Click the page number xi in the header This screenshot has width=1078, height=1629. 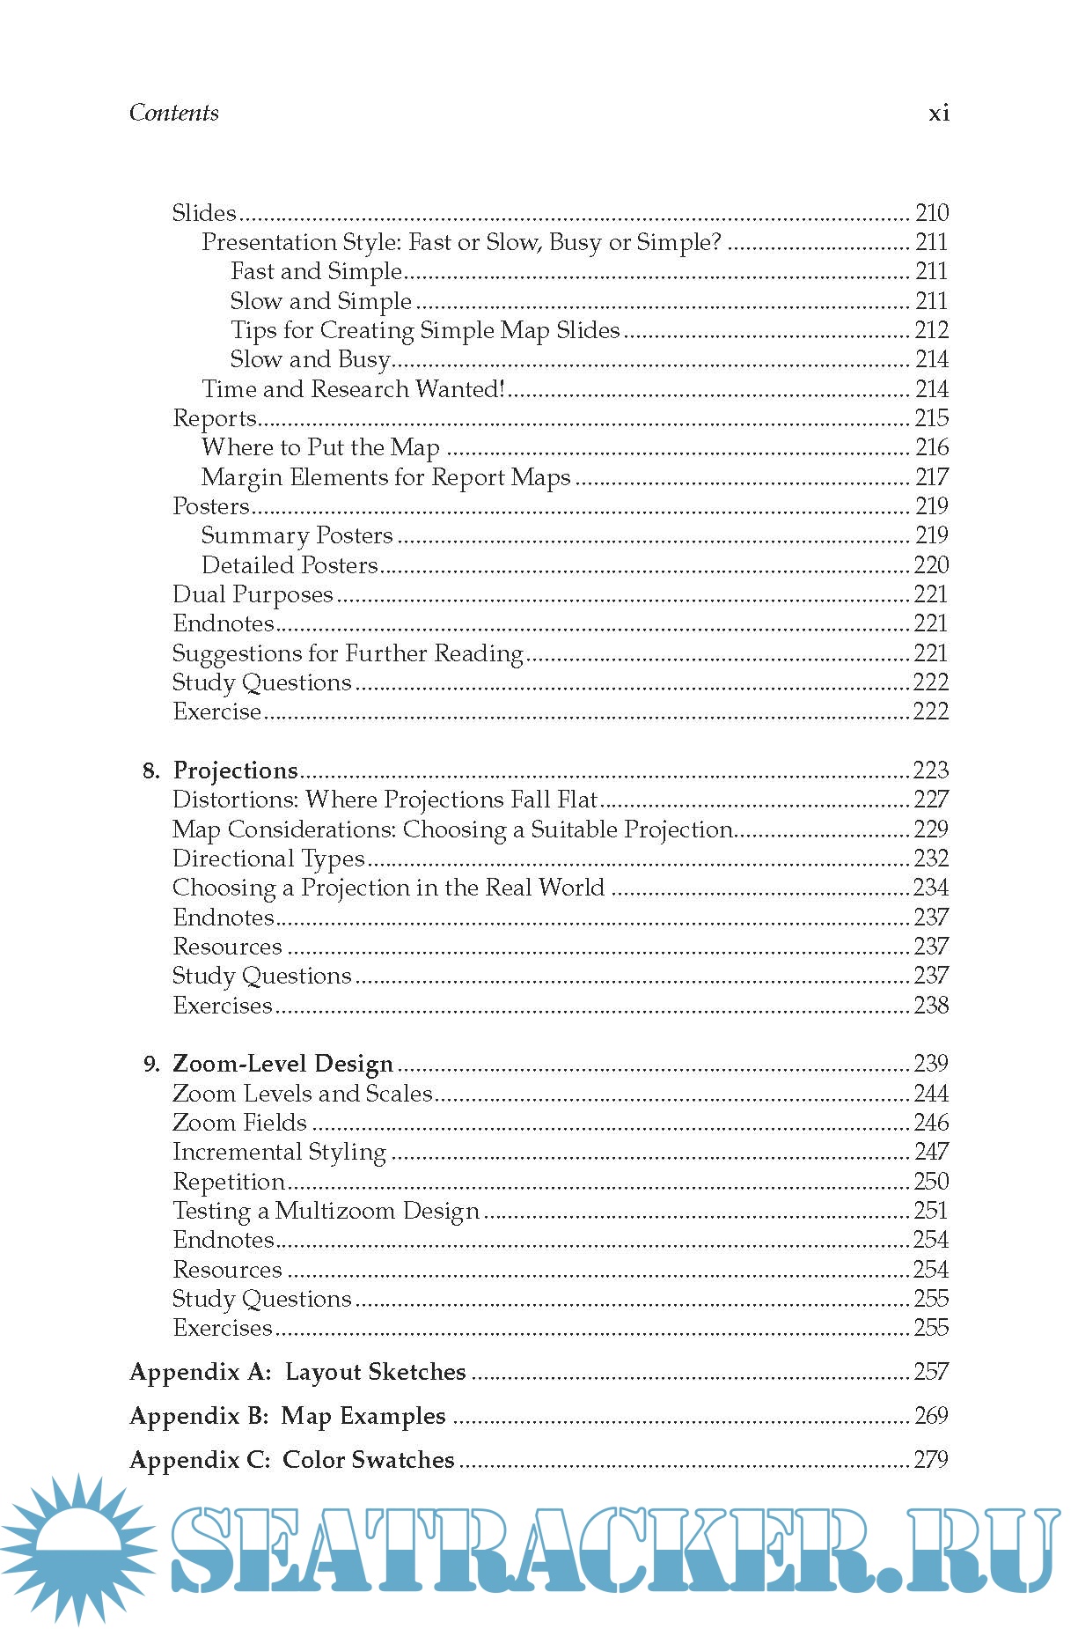(x=938, y=113)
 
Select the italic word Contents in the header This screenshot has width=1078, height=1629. (x=174, y=113)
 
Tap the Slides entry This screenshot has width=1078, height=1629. (x=204, y=213)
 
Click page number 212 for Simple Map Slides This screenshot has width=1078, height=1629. (x=931, y=330)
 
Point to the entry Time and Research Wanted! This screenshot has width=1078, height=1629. (x=353, y=389)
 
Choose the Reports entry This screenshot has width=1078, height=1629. (x=215, y=418)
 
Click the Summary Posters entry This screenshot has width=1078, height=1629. (x=297, y=535)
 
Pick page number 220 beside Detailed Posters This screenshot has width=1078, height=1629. (x=931, y=565)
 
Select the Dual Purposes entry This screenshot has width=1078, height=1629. (x=253, y=594)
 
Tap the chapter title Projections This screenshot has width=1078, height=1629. (x=236, y=770)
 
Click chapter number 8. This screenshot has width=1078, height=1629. (x=150, y=771)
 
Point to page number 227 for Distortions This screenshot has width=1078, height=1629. (x=931, y=800)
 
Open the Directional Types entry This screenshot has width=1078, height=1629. (x=268, y=859)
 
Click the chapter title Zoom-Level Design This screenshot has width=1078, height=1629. (x=282, y=1064)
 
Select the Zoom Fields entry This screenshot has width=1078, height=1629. (x=239, y=1123)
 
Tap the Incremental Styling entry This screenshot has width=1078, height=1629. (x=279, y=1152)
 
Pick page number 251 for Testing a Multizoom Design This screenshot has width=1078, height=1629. (x=931, y=1211)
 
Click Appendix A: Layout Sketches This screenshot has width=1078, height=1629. (x=297, y=1372)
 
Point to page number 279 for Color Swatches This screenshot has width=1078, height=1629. (x=931, y=1460)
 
